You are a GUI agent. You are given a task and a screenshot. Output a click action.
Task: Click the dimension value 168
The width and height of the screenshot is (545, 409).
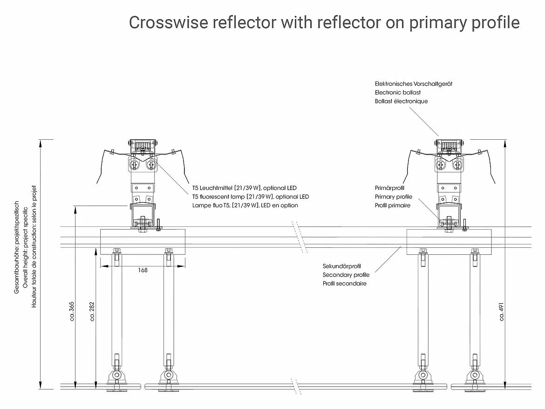tap(143, 270)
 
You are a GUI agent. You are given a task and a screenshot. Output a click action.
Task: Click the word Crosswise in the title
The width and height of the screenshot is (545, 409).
tap(168, 22)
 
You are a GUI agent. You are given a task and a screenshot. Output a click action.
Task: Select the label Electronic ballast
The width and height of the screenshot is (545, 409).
tap(397, 93)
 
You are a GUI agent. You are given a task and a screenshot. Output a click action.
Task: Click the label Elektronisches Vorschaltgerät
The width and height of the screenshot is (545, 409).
tap(414, 84)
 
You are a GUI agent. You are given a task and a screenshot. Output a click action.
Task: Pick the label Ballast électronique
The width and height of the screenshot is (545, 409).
tap(401, 101)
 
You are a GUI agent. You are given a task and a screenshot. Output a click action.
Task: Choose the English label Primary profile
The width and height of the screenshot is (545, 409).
tap(394, 197)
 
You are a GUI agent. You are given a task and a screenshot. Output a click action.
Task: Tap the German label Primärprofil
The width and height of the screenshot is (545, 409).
tap(390, 188)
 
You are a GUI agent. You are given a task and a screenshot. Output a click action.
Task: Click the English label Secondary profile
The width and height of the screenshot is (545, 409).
tap(346, 275)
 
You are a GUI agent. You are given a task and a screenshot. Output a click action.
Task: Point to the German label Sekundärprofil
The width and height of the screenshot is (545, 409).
tap(342, 266)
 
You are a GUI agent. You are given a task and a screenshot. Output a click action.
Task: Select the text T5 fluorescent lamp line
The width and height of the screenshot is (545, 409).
tap(251, 197)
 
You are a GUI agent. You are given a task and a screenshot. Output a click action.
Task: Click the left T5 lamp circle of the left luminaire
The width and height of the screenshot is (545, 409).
tap(135, 164)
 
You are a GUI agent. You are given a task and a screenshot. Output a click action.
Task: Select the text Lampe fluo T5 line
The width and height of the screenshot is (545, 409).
tap(245, 205)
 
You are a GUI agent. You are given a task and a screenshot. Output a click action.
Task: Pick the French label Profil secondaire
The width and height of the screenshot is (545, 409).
tap(345, 283)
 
